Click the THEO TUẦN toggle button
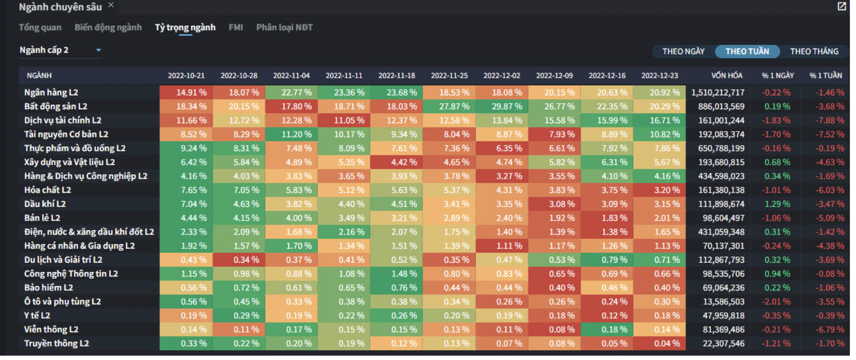[747, 52]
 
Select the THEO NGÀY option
[683, 52]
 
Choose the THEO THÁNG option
[814, 52]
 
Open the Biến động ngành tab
[108, 28]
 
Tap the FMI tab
[235, 28]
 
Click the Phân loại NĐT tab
[284, 28]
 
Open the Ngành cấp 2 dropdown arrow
[99, 50]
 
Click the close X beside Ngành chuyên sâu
[111, 5]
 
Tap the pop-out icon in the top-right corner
[842, 6]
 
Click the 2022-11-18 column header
[397, 76]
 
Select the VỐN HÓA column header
[727, 76]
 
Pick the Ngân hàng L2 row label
[51, 93]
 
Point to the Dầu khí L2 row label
[45, 204]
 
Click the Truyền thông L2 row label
[56, 343]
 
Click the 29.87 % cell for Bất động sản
[502, 107]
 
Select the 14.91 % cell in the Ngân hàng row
[186, 93]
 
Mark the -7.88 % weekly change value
[829, 121]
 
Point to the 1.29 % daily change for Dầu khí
[777, 204]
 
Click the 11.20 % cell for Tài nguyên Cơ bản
[291, 135]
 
